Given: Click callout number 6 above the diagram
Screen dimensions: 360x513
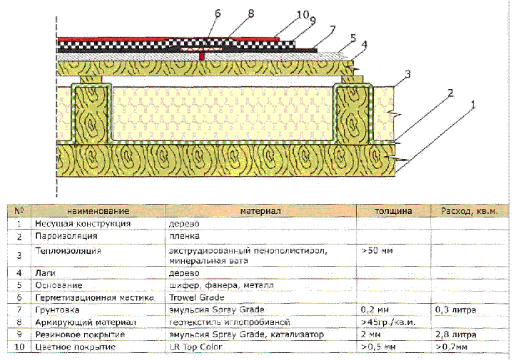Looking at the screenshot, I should click(x=218, y=12).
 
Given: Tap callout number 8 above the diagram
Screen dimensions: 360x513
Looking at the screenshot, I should click(x=250, y=12).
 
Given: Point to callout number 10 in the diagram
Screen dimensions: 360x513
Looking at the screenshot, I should click(x=303, y=14).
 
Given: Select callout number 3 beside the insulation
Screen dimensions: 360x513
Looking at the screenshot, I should click(x=407, y=73).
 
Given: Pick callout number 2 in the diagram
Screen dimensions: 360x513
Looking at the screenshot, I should click(x=452, y=92).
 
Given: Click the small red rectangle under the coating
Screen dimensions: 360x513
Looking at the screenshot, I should click(x=203, y=55).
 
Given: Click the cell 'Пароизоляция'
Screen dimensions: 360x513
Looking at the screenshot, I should click(x=66, y=235).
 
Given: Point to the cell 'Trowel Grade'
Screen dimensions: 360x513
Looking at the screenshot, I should click(x=197, y=297).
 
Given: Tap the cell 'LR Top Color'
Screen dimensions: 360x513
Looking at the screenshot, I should click(x=196, y=346).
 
